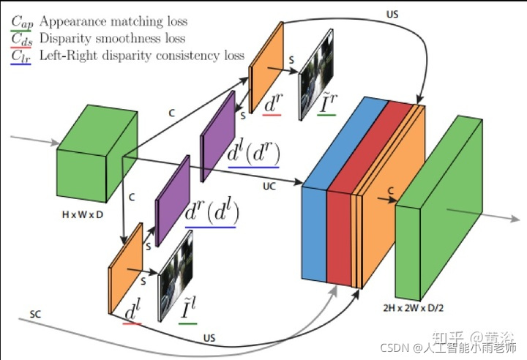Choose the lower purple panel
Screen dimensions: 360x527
[x=173, y=197]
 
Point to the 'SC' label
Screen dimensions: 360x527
[x=35, y=315]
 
